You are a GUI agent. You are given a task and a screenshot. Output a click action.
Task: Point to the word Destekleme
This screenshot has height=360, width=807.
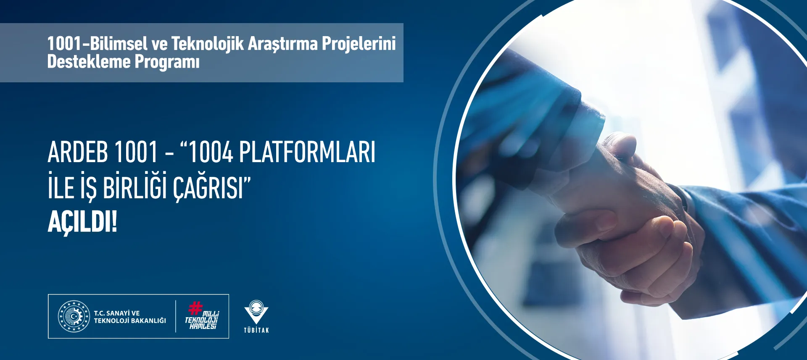tap(89, 61)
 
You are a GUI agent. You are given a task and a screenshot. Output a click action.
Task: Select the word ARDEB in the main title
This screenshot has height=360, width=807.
tap(79, 152)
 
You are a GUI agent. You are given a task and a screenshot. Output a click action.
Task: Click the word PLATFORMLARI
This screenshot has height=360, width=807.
tap(307, 152)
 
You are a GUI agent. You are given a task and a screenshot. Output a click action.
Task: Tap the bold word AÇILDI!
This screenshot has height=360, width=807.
tap(82, 222)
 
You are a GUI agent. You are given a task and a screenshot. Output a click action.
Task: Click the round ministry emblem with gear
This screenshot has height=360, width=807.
tap(74, 316)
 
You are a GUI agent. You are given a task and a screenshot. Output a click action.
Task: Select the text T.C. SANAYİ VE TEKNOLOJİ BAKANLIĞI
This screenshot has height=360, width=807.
tap(130, 317)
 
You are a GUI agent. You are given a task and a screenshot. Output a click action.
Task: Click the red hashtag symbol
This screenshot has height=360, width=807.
tap(195, 308)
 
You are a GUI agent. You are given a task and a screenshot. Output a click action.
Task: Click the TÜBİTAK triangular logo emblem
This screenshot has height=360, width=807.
tap(256, 312)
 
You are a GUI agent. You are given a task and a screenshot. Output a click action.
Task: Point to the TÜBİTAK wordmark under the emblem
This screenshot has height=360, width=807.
tap(256, 330)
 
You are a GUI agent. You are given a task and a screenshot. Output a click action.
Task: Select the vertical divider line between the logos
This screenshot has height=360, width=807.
tap(176, 316)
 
